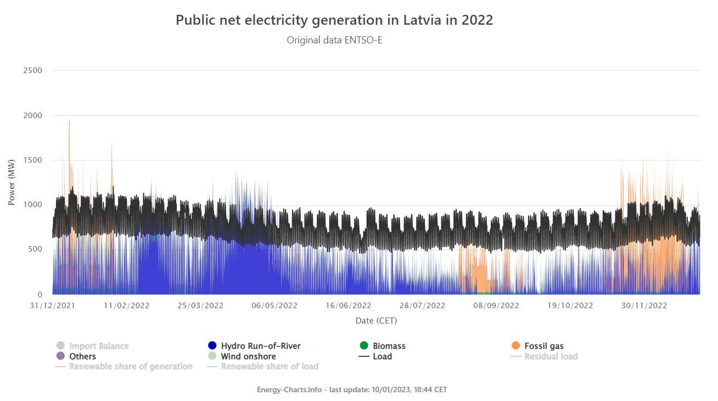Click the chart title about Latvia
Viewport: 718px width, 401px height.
pyautogui.click(x=334, y=20)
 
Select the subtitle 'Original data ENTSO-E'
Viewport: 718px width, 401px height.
pyautogui.click(x=334, y=40)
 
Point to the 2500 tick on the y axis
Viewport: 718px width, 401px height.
pyautogui.click(x=32, y=70)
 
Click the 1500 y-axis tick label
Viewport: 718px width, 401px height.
pyautogui.click(x=32, y=160)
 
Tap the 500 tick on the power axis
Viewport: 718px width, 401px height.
pyautogui.click(x=35, y=249)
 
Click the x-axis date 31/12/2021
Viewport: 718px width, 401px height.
pyautogui.click(x=53, y=306)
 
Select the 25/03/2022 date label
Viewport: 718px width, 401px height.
pyautogui.click(x=201, y=306)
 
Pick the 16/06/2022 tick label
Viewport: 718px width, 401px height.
pyautogui.click(x=349, y=306)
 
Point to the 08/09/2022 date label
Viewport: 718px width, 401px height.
pyautogui.click(x=496, y=306)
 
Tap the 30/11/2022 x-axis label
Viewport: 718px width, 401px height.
pyautogui.click(x=644, y=306)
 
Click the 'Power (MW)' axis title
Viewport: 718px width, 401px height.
pyautogui.click(x=12, y=182)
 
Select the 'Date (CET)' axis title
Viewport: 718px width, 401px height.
pyautogui.click(x=376, y=320)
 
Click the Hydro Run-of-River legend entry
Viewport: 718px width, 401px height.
pyautogui.click(x=260, y=346)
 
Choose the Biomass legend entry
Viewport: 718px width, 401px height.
pyautogui.click(x=389, y=346)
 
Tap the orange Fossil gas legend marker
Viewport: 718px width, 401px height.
pyautogui.click(x=515, y=346)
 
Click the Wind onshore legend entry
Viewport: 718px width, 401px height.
pyautogui.click(x=248, y=357)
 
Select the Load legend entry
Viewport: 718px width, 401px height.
pyautogui.click(x=382, y=357)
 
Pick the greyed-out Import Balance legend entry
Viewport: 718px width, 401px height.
pyautogui.click(x=99, y=346)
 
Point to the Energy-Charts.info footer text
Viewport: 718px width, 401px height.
pyautogui.click(x=352, y=389)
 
